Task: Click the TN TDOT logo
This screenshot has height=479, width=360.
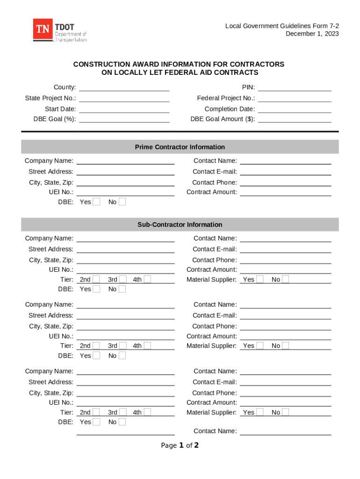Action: (x=59, y=31)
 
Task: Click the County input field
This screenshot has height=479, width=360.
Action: (x=124, y=87)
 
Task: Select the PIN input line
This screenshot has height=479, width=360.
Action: (x=295, y=87)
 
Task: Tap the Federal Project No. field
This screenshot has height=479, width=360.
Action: (x=295, y=98)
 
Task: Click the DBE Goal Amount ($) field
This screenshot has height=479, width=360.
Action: (x=295, y=119)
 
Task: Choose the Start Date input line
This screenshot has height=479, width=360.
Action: (x=124, y=109)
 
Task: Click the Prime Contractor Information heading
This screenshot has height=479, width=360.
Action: (x=180, y=147)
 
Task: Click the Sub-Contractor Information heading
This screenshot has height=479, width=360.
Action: (x=180, y=225)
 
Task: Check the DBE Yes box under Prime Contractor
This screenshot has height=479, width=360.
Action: (x=96, y=202)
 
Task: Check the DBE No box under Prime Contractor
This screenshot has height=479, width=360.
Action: (x=122, y=202)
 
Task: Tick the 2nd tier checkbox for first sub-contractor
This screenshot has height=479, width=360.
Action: (x=96, y=280)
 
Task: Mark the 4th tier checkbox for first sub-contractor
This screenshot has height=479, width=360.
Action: (x=147, y=280)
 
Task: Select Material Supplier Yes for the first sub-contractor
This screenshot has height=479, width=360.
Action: (x=260, y=280)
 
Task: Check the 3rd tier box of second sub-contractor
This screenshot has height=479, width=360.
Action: (x=122, y=346)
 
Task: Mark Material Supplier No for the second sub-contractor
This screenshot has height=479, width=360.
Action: (x=285, y=346)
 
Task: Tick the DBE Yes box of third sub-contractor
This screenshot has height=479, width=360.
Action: (x=96, y=422)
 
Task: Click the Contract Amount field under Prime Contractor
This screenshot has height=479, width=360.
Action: (x=285, y=192)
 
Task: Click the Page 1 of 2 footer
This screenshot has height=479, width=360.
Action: (x=180, y=445)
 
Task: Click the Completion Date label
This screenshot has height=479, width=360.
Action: (x=230, y=109)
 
